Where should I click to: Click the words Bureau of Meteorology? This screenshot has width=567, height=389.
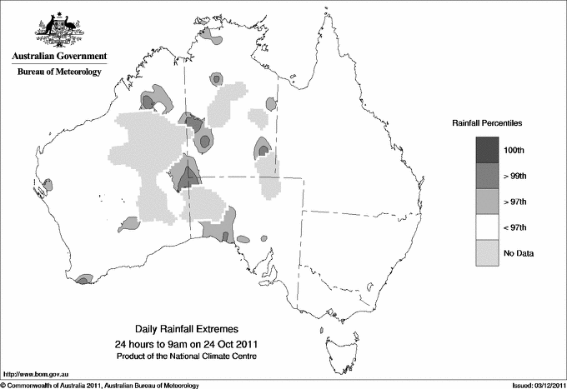(59, 72)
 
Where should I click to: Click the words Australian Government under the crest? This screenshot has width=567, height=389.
(59, 57)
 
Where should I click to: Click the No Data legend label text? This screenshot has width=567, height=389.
(518, 253)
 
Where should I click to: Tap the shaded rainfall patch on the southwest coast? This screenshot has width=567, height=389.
(83, 281)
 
